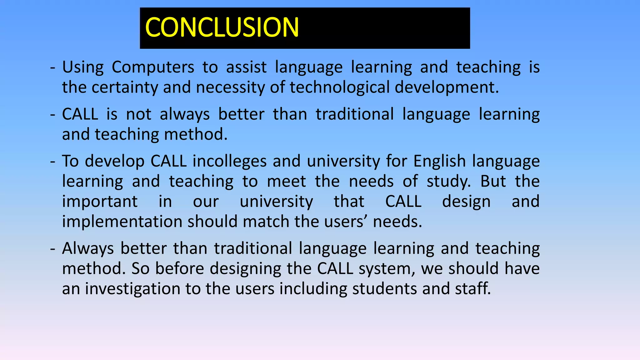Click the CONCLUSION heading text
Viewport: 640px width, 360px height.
pos(222,27)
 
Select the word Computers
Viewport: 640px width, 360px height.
pos(153,67)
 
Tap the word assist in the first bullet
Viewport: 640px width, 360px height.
pos(246,67)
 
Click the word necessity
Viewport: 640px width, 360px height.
pos(230,87)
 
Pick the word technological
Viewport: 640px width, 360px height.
pos(339,87)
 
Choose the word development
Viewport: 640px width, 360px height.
pos(447,87)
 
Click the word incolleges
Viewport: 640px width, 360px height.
pos(229,162)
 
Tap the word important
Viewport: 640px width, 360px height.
pos(100,202)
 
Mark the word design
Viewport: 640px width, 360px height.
pos(466,202)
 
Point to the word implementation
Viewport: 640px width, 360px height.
pos(122,222)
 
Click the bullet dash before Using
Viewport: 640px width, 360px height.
pos(53,67)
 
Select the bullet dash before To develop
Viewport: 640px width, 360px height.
pos(53,162)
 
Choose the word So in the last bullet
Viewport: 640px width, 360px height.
pos(140,269)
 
